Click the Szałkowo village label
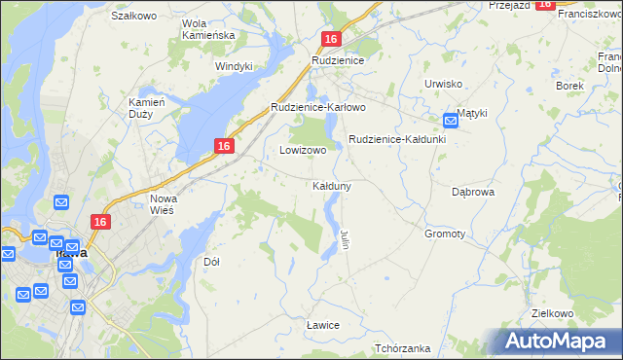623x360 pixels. coord(134,16)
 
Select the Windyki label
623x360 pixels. coord(235,66)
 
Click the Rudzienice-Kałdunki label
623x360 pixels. coord(397,139)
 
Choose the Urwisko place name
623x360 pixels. coord(443,84)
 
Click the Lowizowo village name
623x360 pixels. coord(303,151)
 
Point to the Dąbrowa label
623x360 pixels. coord(474,192)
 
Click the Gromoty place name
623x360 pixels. coord(445,234)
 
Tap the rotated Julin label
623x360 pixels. coord(345,237)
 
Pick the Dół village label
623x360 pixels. coord(211,262)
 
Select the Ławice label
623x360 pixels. coord(322,324)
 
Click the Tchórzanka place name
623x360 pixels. coord(402,348)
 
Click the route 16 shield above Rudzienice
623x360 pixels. coord(332,39)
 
